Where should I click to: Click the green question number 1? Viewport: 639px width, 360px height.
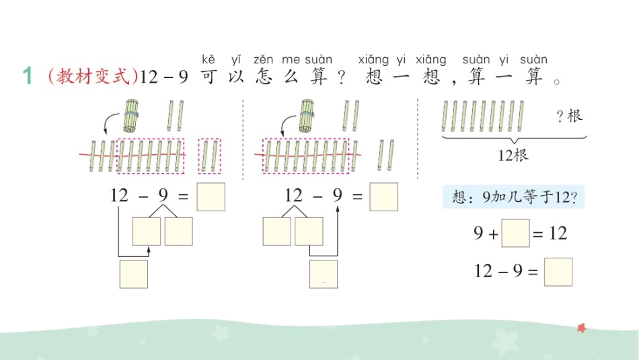[x=28, y=77]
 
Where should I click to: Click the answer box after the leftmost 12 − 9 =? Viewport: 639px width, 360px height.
[x=211, y=196]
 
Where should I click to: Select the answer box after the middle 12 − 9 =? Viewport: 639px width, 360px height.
[x=383, y=196]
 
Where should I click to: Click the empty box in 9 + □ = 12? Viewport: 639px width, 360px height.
[x=516, y=233]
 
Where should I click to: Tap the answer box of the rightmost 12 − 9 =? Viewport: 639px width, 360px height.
[x=558, y=272]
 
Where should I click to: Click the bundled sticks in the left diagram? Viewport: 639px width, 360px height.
[x=131, y=115]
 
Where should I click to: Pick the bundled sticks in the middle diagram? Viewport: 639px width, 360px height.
[x=307, y=115]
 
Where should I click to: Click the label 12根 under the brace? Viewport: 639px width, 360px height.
[x=514, y=155]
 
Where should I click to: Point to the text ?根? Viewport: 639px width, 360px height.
[x=568, y=116]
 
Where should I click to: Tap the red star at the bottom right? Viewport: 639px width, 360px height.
[x=580, y=328]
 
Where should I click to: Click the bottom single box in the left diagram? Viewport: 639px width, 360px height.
[x=133, y=274]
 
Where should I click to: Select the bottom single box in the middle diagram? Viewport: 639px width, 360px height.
[x=324, y=274]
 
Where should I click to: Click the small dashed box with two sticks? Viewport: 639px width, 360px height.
[x=210, y=155]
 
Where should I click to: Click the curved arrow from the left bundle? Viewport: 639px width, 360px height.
[x=109, y=122]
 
